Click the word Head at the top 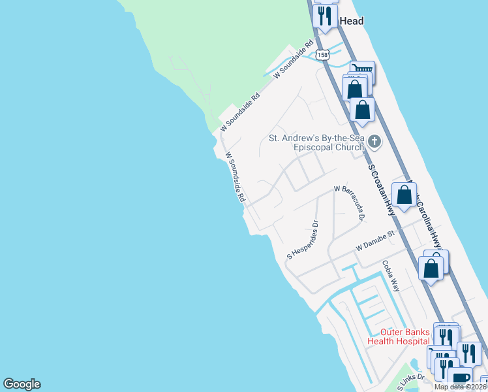(x=351, y=21)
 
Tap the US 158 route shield (x=322, y=56)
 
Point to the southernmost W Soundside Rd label (x=235, y=177)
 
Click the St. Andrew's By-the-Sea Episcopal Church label (x=316, y=142)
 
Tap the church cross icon (x=374, y=140)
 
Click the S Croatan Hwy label (x=382, y=189)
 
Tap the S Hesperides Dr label (x=302, y=240)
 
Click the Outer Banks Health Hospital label (x=399, y=336)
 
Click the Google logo (x=22, y=384)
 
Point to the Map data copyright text (x=460, y=387)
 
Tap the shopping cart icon (x=362, y=69)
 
